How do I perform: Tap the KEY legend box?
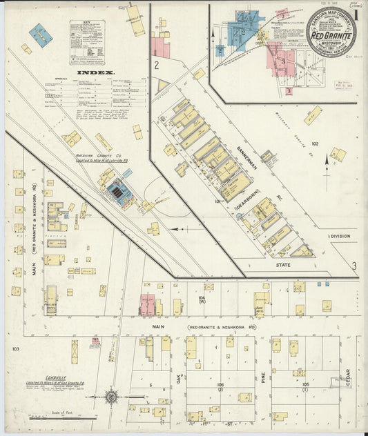88,41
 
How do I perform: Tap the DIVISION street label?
340,236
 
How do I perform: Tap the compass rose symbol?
111,396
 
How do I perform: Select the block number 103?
15,349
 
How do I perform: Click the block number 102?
315,144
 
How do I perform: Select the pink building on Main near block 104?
148,304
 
